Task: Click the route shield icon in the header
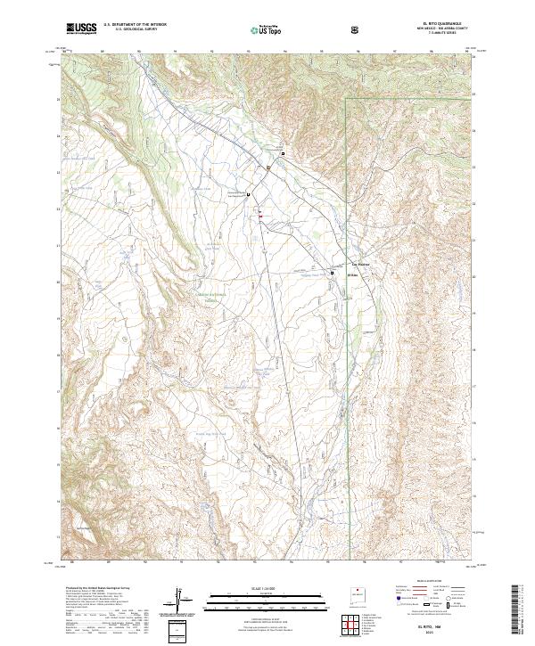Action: (357, 29)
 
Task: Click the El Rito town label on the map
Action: (351, 275)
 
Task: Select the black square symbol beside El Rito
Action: (333, 273)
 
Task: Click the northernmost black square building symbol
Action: (284, 153)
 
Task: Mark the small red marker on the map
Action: (260, 214)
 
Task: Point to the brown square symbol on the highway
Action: (265, 168)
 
